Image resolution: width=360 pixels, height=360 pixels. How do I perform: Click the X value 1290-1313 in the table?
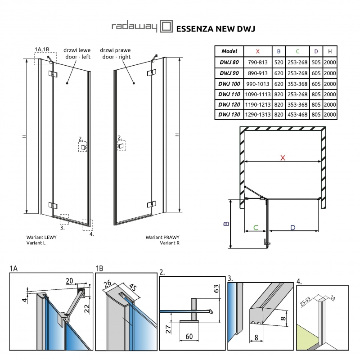point(257,114)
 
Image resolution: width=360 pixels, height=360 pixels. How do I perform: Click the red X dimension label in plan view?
point(282,157)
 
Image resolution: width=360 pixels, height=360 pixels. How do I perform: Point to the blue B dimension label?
point(228,224)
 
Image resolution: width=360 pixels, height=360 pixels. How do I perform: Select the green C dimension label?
point(255,228)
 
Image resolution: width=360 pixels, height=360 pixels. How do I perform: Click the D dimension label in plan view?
point(292,228)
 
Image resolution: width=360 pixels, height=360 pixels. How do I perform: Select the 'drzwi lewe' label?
point(76,50)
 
